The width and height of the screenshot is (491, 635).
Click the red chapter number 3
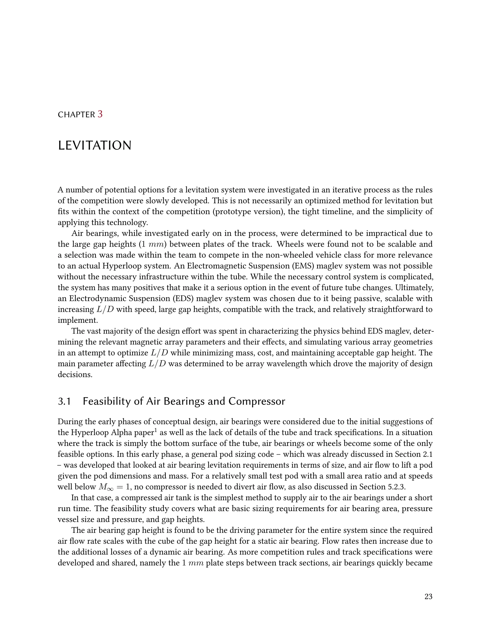point(100,114)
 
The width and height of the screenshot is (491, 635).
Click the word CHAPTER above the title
point(76,115)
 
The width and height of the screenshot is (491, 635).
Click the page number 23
point(428,597)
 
